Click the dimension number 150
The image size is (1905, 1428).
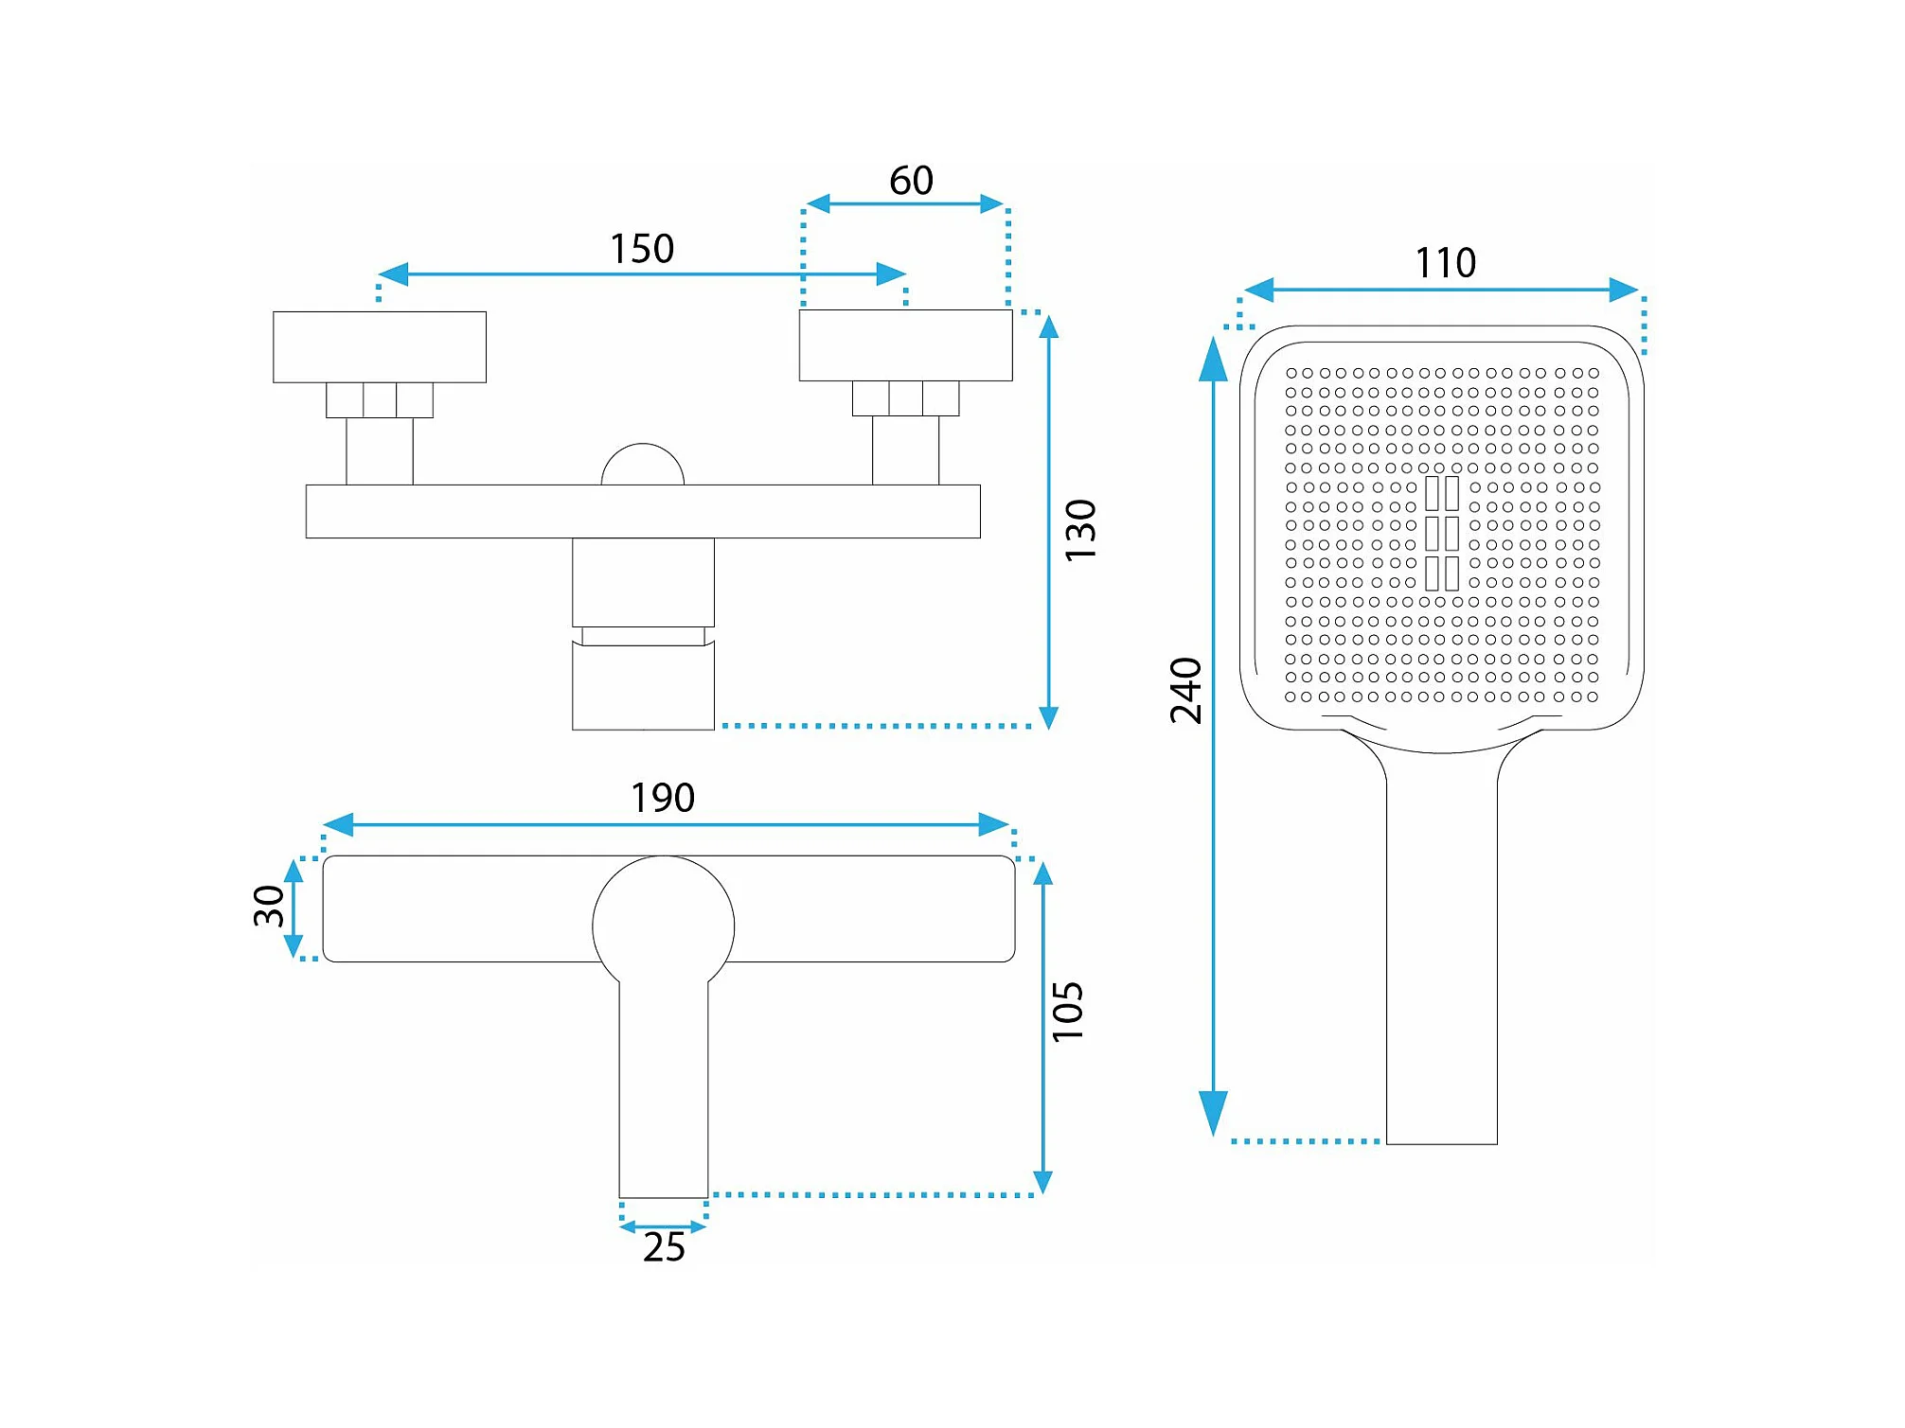[x=642, y=249]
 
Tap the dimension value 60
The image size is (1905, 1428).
[x=911, y=181]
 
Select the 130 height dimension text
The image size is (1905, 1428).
[x=1080, y=530]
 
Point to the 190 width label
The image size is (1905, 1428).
[x=663, y=798]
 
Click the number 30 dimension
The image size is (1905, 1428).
[x=269, y=907]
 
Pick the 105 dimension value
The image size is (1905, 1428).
[x=1068, y=1012]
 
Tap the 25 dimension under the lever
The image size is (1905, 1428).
[x=664, y=1247]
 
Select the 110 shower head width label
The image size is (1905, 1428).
[x=1445, y=263]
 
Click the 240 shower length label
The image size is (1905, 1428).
[x=1185, y=691]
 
